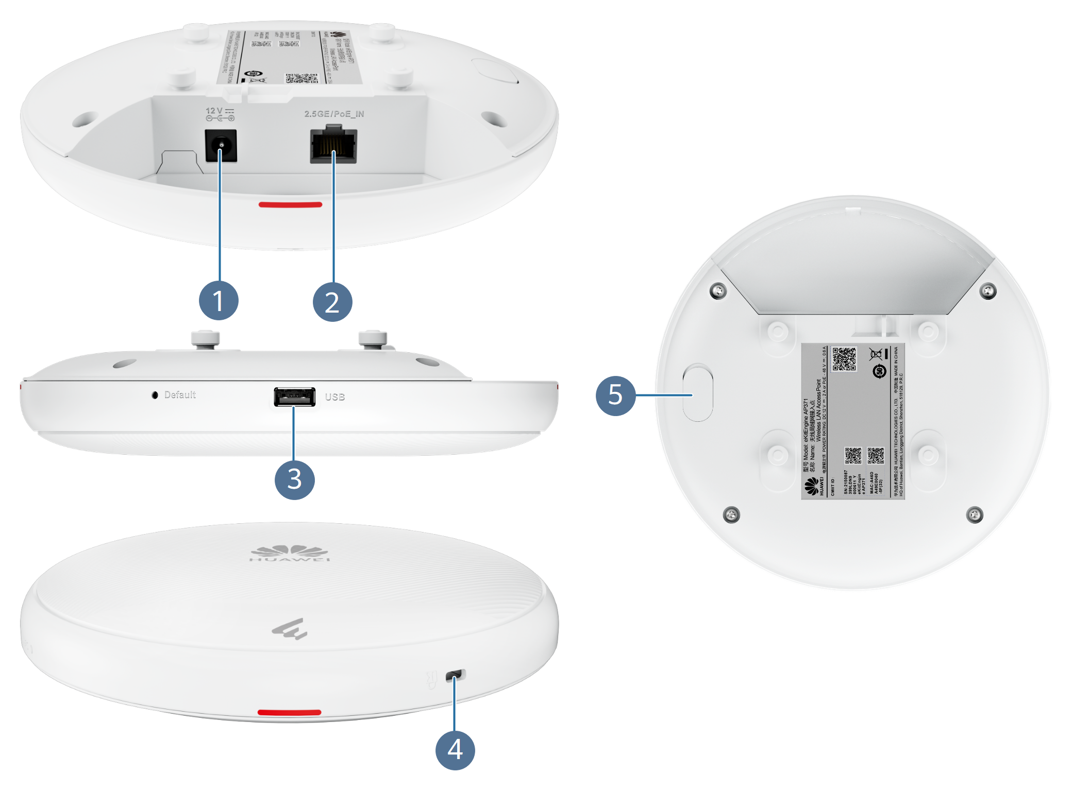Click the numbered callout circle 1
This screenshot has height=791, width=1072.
(219, 301)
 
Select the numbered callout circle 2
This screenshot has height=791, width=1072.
(332, 302)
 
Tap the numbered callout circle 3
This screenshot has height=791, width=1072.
(294, 479)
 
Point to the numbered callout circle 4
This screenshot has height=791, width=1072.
(455, 750)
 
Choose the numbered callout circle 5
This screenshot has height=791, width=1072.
(615, 395)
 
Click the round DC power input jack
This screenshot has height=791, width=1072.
(221, 146)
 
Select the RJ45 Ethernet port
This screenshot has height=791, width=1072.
(333, 146)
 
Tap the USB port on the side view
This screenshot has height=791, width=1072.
(294, 397)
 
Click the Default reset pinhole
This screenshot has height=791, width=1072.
(155, 395)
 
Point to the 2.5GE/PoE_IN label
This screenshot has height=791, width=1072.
(334, 114)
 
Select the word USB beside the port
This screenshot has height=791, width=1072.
(335, 397)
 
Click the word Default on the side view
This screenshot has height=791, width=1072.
(180, 395)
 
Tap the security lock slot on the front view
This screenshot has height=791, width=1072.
(455, 675)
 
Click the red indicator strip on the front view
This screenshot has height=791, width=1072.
(289, 712)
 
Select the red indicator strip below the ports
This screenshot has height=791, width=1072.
(290, 204)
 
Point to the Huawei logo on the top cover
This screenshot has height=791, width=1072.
(289, 553)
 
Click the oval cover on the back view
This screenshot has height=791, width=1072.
(698, 392)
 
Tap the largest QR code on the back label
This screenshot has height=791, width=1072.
(844, 359)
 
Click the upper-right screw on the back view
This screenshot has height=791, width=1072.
(987, 290)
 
